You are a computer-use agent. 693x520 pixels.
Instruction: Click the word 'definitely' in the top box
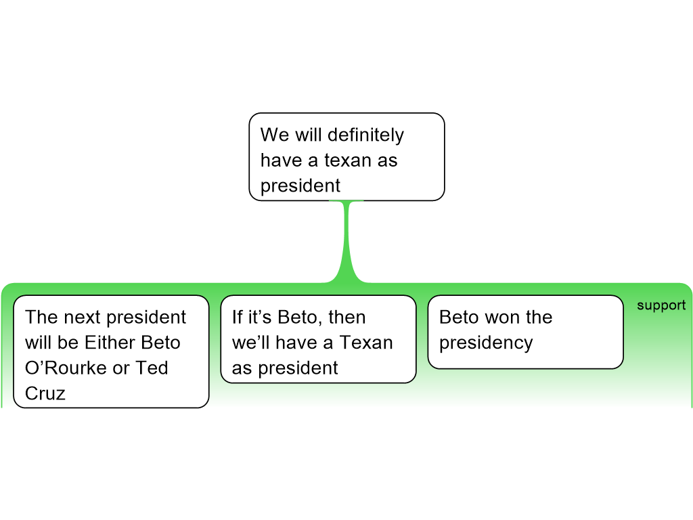365,135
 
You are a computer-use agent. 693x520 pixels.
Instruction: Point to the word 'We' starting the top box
275,135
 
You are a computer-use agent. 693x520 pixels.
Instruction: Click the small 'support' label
661,305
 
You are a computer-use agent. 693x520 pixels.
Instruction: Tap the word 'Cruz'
45,393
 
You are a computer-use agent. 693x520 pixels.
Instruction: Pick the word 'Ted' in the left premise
152,368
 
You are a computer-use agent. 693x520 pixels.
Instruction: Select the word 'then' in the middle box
346,317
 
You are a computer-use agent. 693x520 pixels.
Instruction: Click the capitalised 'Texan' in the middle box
365,343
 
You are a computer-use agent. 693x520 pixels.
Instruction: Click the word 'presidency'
486,343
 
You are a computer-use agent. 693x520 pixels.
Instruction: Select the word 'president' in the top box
300,186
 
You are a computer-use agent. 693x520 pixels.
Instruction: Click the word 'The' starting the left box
41,317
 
